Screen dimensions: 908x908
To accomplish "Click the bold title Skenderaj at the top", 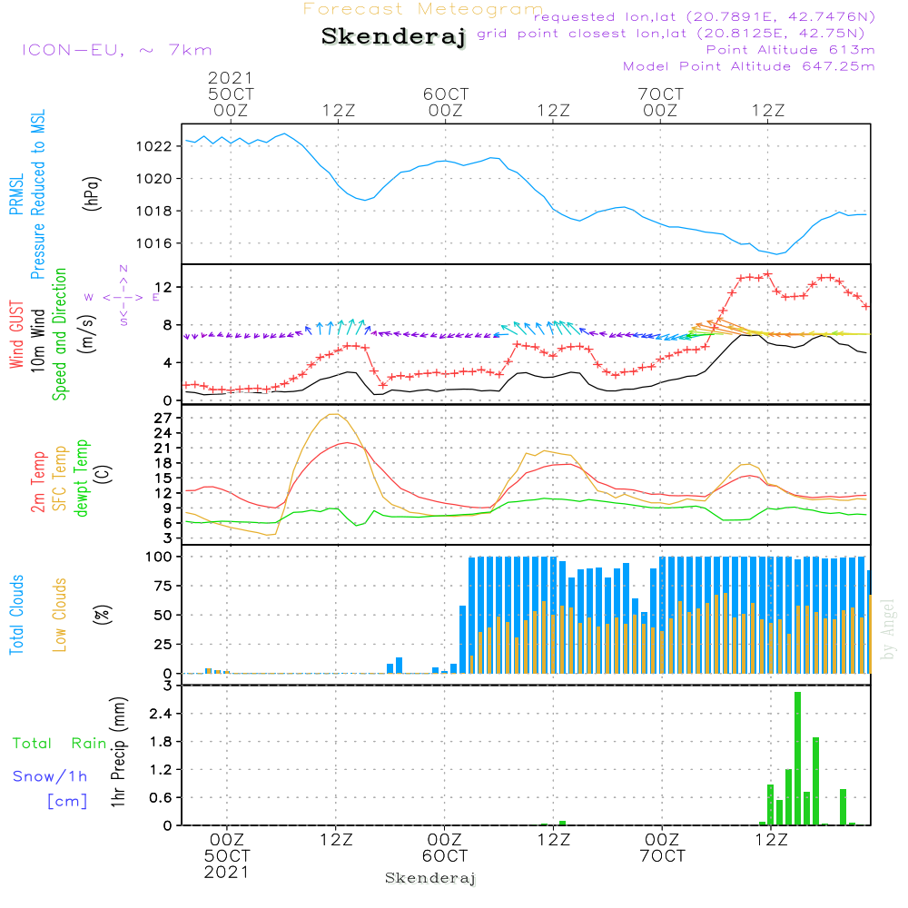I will click(x=393, y=37).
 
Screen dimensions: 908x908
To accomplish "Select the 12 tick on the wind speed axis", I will click(x=164, y=287).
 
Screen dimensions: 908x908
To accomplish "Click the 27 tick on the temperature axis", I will click(x=164, y=418).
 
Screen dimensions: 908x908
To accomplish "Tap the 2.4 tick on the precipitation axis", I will click(x=162, y=714).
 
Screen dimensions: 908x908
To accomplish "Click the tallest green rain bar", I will click(x=797, y=758).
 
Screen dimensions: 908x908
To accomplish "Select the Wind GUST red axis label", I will click(x=17, y=337).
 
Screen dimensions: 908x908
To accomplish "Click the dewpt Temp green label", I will click(x=81, y=479).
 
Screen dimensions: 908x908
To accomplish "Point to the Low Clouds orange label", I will click(x=61, y=613).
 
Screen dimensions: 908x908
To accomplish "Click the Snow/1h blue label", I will click(x=51, y=776).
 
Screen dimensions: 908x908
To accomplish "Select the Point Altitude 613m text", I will click(x=790, y=50).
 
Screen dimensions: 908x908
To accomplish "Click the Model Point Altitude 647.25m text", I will click(x=749, y=66).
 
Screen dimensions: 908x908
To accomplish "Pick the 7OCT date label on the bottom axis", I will click(x=662, y=856).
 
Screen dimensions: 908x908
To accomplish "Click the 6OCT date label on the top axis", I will click(x=446, y=94).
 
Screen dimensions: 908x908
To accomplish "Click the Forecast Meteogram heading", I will click(x=423, y=9).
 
